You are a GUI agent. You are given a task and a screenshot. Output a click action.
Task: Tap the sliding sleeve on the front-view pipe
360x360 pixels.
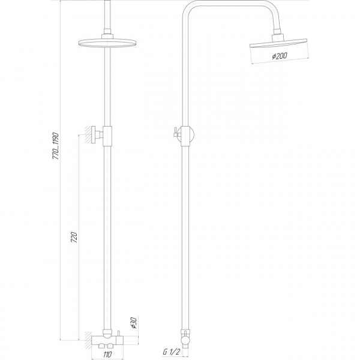(107, 136)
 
